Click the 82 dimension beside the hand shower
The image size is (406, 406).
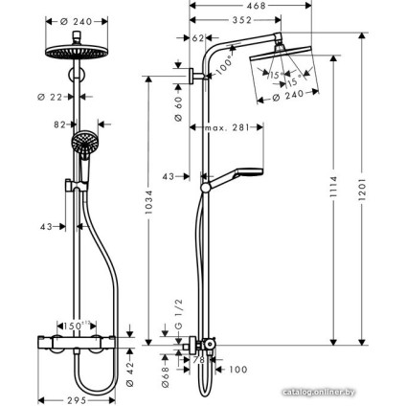click(61, 125)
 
